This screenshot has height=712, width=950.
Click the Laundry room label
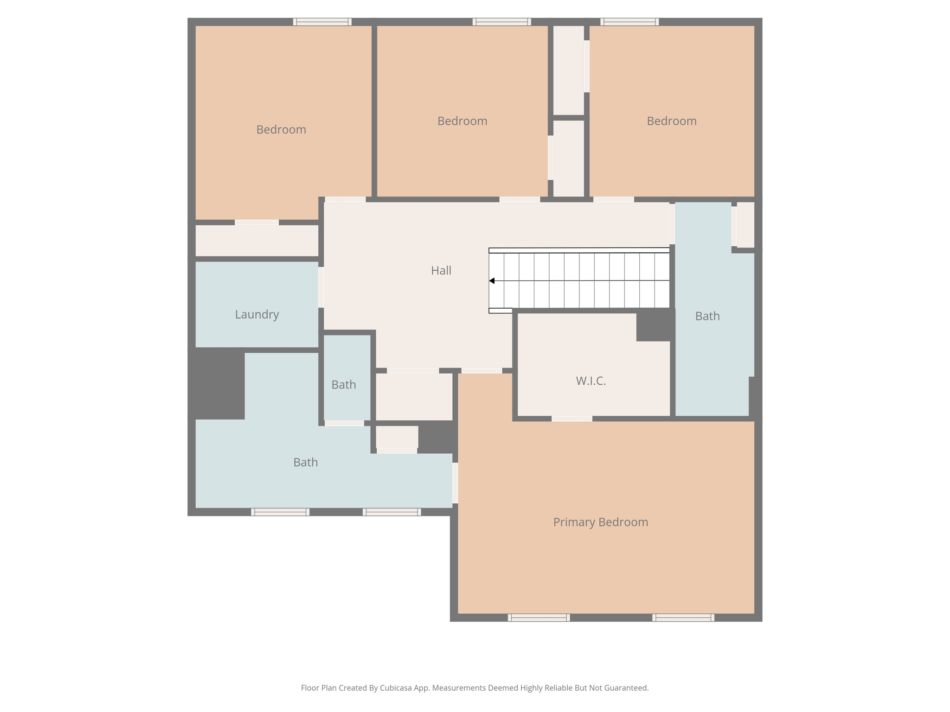257,314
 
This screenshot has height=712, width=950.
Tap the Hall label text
441,270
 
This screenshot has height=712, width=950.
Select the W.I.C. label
591,381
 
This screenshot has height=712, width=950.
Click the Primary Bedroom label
600,522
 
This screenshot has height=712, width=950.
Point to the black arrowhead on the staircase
492,281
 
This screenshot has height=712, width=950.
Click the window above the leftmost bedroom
322,22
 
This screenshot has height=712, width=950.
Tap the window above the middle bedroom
501,22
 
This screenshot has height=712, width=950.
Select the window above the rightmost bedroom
629,22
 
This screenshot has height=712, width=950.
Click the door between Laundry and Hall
321,287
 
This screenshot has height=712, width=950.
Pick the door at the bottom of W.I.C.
571,419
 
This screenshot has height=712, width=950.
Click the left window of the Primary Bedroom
539,617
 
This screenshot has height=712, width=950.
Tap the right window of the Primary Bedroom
683,617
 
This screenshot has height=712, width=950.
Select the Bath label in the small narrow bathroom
343,385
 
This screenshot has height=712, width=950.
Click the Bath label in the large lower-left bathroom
305,462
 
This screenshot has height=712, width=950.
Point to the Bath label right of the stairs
707,316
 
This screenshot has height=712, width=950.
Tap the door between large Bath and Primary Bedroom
455,483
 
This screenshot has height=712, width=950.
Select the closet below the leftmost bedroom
257,241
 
